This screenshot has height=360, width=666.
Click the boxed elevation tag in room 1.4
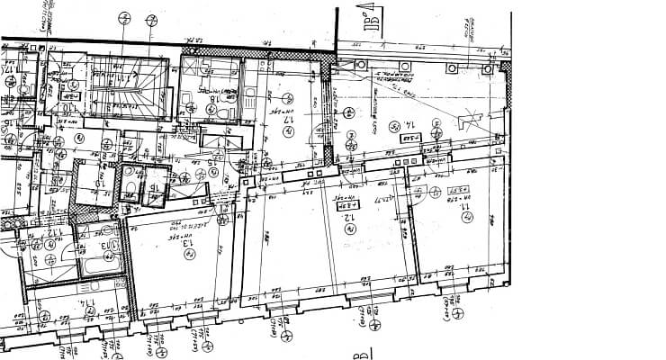coord(410,140)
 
